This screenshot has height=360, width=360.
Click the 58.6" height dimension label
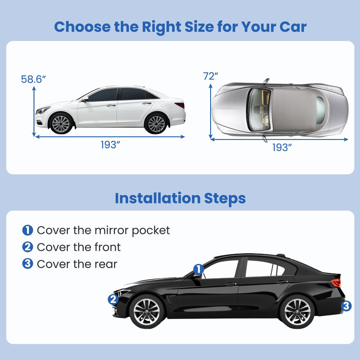coord(33,79)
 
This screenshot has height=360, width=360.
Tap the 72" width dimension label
coord(211,76)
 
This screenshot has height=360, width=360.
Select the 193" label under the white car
coord(110,145)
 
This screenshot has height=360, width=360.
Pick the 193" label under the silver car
coord(282,147)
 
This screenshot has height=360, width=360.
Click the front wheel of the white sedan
coord(61,123)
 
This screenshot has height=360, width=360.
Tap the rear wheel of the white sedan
coord(156,123)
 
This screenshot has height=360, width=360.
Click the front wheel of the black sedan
coord(146,310)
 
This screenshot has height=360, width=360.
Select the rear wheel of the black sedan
coord(297,310)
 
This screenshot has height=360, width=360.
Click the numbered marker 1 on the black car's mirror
coord(198,269)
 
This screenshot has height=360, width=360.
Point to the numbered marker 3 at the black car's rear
coord(346,306)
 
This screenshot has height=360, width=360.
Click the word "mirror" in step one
coord(112,230)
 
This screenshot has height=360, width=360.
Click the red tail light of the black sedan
coord(336,283)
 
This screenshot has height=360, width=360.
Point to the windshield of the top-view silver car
coord(260,109)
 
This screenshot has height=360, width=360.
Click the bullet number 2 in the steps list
coord(27,247)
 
